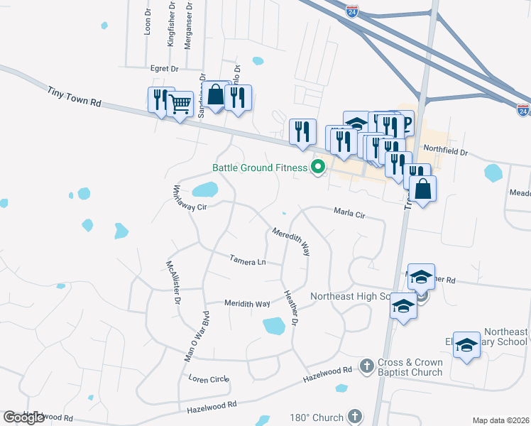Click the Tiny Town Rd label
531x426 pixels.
pyautogui.click(x=75, y=97)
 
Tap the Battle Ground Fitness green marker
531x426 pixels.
pyautogui.click(x=318, y=168)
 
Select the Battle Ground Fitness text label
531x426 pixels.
pyautogui.click(x=259, y=168)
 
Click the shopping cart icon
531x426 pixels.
pyautogui.click(x=180, y=104)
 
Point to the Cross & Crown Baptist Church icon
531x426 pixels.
pyautogui.click(x=367, y=366)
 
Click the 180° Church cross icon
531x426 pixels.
pyautogui.click(x=354, y=417)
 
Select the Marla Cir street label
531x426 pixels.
pyautogui.click(x=349, y=212)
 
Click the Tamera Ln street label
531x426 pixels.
pyautogui.click(x=248, y=261)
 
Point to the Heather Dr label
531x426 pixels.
pyautogui.click(x=290, y=308)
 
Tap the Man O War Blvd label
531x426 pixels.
pyautogui.click(x=197, y=336)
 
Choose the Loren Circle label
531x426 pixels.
pyautogui.click(x=208, y=379)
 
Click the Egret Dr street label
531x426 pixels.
pyautogui.click(x=164, y=68)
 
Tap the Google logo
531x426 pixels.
pyautogui.click(x=24, y=417)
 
